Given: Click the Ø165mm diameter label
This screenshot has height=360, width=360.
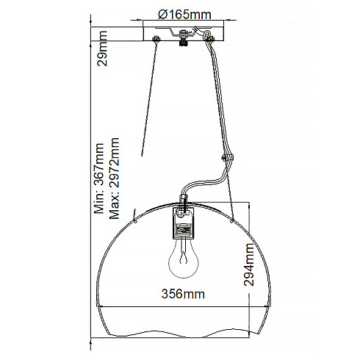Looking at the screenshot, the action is coord(184,15).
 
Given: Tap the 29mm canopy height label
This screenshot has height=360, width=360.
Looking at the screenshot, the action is coord(102,48).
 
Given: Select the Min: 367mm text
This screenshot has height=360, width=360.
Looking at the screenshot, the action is coord(99,179).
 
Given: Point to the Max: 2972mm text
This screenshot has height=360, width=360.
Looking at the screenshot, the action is coord(114,179).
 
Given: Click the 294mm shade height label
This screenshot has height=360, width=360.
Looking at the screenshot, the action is coord(249,264).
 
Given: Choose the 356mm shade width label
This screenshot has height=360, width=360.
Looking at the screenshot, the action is coord(183,294).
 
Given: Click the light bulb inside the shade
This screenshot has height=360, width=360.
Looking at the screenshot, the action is coord(184,259).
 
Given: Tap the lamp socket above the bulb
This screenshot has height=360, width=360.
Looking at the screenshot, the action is coord(184,223).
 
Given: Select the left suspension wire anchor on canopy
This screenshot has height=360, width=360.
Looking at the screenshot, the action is coord(156,39).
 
